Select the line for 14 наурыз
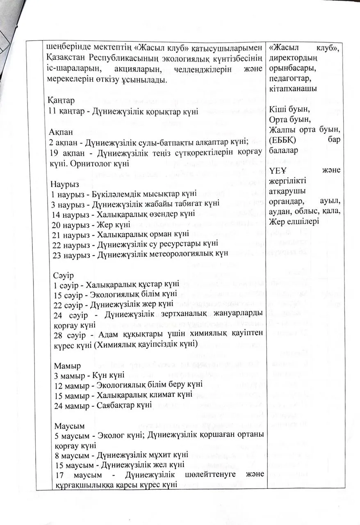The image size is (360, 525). pyautogui.click(x=123, y=214)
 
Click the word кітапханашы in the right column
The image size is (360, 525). pyautogui.click(x=293, y=88)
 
